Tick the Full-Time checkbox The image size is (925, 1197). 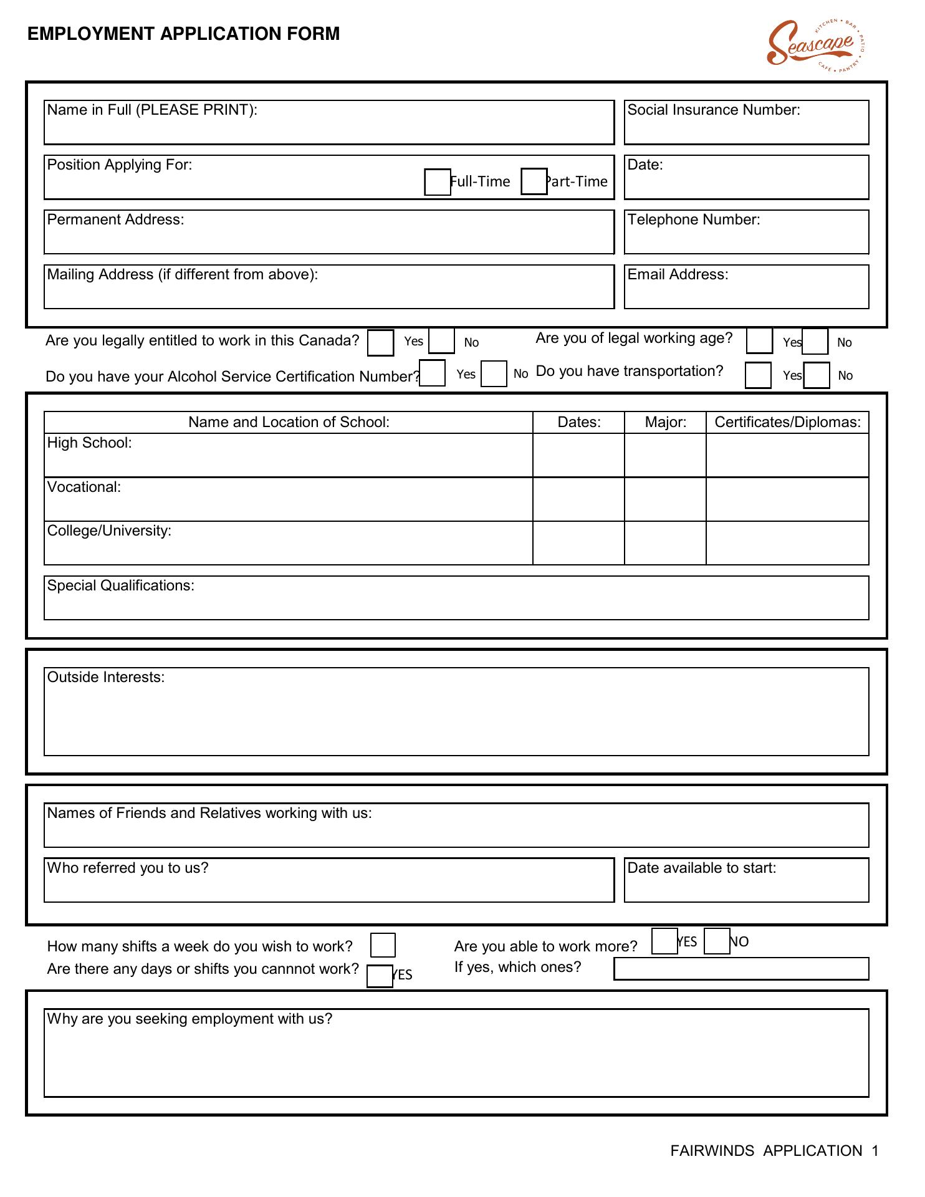click(x=437, y=182)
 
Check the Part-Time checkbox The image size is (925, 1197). click(x=534, y=181)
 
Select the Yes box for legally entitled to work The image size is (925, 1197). click(x=380, y=343)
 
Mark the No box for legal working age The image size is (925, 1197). click(x=815, y=342)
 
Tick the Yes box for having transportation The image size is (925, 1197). click(x=758, y=375)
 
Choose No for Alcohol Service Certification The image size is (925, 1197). click(x=494, y=374)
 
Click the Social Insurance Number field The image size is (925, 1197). click(x=746, y=128)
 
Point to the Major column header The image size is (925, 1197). click(x=665, y=423)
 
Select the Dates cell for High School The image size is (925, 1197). click(x=578, y=456)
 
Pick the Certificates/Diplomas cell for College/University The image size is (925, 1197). click(x=787, y=543)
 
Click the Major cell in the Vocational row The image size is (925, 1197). click(x=665, y=499)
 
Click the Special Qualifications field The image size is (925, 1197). click(x=456, y=603)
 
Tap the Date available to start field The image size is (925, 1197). click(x=746, y=887)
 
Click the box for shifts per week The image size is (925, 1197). click(x=383, y=945)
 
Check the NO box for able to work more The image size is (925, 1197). click(x=717, y=941)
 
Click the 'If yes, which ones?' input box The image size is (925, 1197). click(x=741, y=969)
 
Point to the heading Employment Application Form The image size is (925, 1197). click(x=184, y=34)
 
